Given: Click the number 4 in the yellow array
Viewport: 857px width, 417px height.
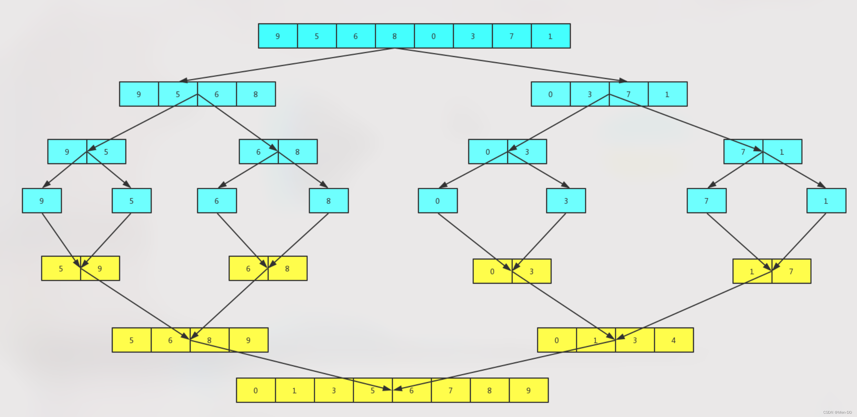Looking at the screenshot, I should tap(674, 340).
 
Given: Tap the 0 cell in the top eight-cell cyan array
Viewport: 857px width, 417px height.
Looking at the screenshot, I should tap(434, 36).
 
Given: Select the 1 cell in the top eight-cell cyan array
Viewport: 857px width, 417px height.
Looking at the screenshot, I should tap(551, 36).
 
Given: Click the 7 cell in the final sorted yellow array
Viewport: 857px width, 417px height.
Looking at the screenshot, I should tap(451, 390).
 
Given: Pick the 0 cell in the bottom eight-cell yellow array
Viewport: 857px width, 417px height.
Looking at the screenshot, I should tap(256, 390).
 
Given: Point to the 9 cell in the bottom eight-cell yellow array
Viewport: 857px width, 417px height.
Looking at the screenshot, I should tap(529, 390).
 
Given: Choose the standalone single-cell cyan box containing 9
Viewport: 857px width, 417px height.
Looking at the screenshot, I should tap(42, 201).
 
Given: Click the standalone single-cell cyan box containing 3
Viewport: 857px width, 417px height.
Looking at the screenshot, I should tap(566, 201).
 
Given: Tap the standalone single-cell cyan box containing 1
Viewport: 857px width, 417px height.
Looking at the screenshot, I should tap(826, 201).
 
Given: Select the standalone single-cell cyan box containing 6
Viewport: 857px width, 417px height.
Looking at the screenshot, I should tap(217, 201).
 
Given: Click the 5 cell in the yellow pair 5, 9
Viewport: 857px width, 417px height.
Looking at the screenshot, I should tap(61, 268).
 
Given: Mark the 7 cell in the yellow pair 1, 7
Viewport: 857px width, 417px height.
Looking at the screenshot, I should tap(791, 271).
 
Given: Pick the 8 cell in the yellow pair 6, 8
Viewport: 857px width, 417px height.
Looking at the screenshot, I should tap(287, 268).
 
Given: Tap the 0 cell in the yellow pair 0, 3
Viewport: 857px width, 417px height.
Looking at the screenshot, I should tap(492, 271).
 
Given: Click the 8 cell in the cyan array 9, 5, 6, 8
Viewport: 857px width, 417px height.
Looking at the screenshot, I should tap(256, 94).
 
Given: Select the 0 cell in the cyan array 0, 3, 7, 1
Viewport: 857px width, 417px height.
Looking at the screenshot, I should tap(551, 94).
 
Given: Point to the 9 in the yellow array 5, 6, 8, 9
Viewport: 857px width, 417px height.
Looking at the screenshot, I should tap(248, 340).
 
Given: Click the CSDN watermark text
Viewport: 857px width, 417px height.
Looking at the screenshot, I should tap(837, 412).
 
